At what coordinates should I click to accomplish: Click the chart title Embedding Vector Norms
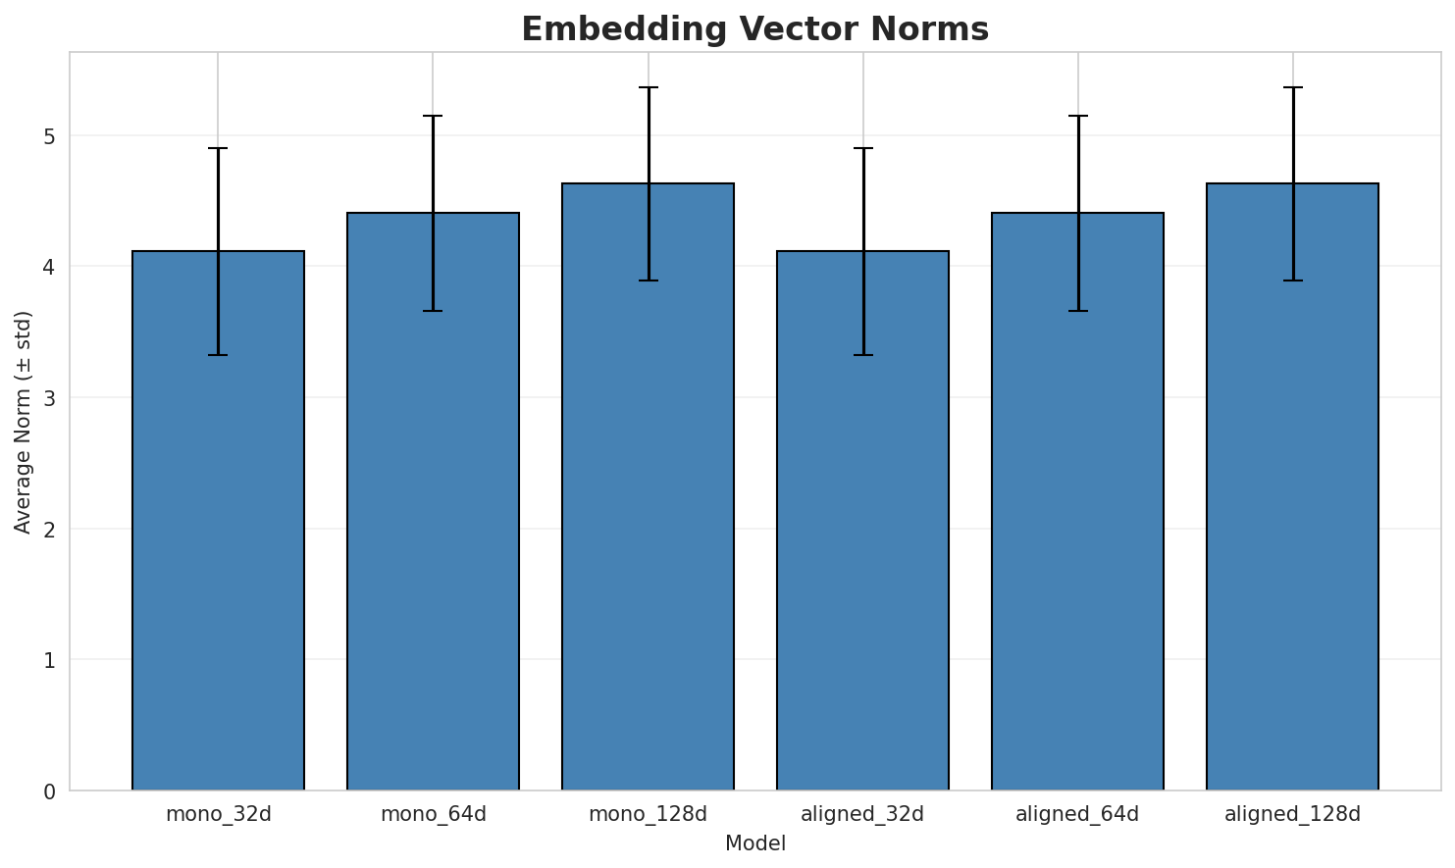[754, 29]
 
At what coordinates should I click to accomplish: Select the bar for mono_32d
[218, 520]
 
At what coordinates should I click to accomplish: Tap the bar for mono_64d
[433, 500]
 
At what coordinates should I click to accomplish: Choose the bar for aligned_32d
[862, 520]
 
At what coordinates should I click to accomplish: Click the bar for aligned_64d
[1077, 500]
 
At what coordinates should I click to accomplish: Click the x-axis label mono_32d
[218, 814]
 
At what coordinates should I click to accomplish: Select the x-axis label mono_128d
[648, 814]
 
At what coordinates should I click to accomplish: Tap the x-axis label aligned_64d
[1077, 814]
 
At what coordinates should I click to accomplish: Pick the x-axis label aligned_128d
[1292, 814]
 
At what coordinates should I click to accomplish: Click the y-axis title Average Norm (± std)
[24, 422]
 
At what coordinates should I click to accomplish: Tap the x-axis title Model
[754, 843]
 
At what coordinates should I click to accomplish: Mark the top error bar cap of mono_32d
[218, 148]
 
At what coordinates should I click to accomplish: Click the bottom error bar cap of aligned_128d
[1292, 281]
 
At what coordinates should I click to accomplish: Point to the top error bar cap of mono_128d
[648, 87]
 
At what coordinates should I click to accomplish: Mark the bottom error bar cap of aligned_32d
[862, 355]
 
